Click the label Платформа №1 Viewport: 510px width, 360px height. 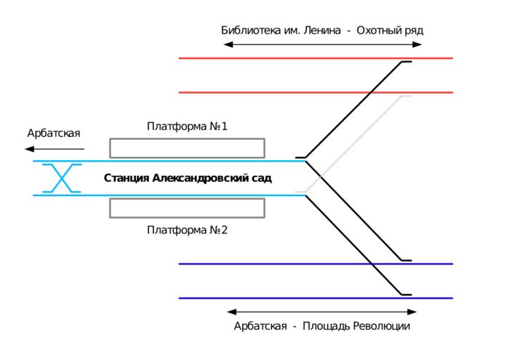[187, 127]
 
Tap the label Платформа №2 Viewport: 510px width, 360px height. [187, 230]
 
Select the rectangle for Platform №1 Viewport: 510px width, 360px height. [187, 148]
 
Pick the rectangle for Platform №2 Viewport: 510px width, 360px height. [187, 208]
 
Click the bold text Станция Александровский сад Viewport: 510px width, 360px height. [188, 178]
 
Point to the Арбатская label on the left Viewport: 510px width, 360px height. [53, 133]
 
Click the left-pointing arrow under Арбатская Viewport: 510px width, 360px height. [53, 149]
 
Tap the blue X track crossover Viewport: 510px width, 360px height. [62, 178]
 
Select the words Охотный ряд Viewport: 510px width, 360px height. [390, 30]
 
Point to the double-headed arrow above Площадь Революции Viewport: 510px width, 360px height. [322, 311]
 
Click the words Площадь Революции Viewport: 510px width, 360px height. [356, 326]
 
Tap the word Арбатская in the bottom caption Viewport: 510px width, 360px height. [260, 326]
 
